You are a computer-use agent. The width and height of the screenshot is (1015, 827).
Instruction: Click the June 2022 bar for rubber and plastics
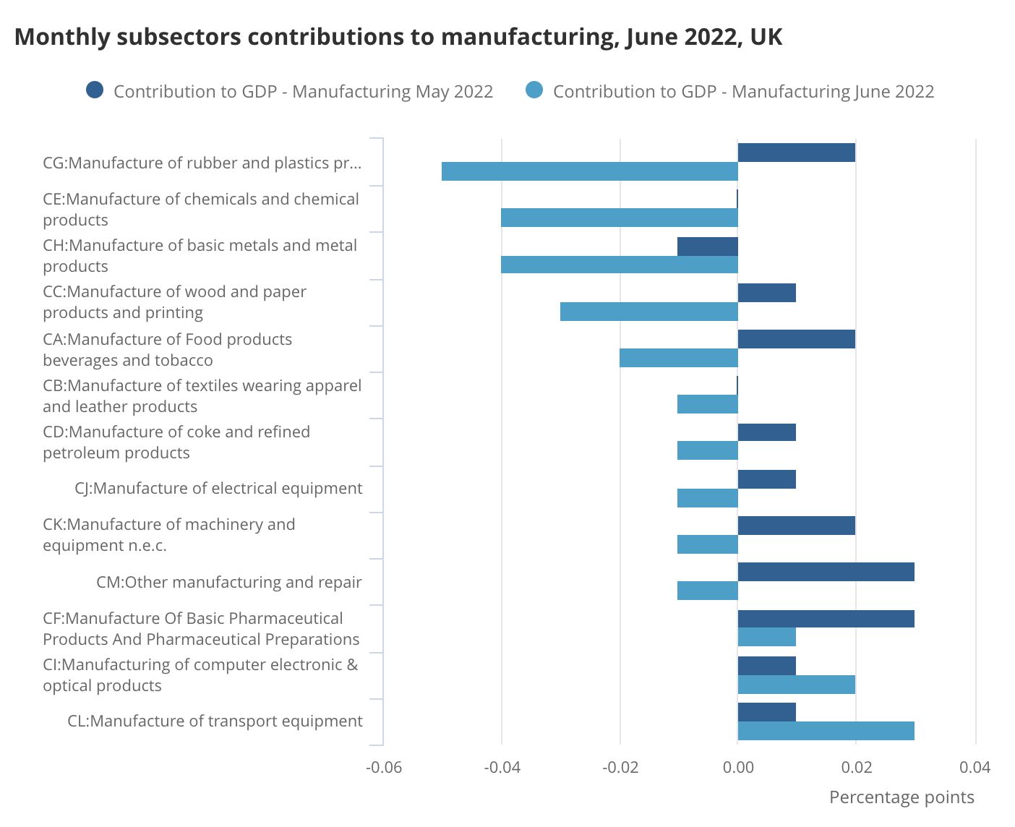589,171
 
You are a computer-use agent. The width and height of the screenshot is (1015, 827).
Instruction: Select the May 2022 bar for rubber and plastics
796,153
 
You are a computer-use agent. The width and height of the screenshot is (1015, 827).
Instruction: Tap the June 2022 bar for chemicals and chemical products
619,218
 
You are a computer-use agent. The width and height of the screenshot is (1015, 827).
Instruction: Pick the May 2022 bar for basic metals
708,247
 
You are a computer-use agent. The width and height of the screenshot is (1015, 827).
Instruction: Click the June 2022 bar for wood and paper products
648,312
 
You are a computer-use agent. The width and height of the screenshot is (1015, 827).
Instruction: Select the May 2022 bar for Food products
796,339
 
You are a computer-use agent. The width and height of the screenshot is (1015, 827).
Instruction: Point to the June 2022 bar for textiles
708,404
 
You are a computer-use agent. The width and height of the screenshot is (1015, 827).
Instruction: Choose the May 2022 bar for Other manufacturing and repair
826,572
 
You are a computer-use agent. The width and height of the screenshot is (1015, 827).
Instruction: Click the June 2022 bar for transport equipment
826,731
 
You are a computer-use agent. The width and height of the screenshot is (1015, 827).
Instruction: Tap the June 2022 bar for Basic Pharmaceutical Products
766,637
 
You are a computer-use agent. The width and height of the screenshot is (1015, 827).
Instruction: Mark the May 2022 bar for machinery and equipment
796,526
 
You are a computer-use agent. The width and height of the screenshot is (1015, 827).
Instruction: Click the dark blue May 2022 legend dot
95,90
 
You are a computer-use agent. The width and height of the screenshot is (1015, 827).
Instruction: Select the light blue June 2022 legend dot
534,90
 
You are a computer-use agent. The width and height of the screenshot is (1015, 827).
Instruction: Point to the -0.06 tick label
384,767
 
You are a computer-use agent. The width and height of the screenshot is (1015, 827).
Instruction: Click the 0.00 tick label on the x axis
738,767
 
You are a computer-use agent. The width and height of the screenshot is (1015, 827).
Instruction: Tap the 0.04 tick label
975,767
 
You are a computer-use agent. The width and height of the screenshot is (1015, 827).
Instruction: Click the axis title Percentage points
901,797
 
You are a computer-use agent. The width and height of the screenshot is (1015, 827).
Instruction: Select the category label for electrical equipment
218,489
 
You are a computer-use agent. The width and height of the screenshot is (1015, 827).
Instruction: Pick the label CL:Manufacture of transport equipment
215,721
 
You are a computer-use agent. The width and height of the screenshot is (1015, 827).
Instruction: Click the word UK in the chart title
766,37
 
